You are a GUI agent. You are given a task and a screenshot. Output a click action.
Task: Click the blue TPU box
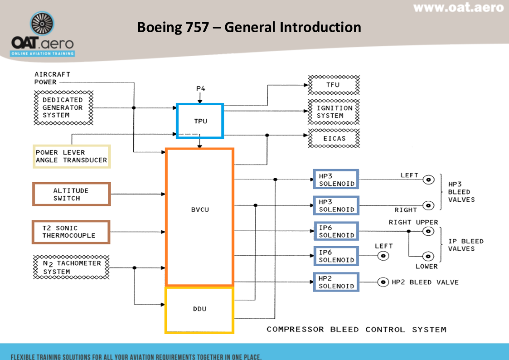(199, 121)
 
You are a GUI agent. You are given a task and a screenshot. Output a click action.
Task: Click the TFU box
(334, 85)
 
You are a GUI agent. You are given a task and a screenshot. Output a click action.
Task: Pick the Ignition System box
(334, 112)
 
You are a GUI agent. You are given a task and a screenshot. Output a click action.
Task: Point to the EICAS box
(334, 138)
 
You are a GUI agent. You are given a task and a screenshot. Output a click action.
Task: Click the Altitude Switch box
(71, 194)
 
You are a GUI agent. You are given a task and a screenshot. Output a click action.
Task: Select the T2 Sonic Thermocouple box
(71, 232)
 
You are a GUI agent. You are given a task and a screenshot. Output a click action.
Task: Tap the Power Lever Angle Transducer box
(71, 156)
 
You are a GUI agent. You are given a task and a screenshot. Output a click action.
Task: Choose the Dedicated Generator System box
(63, 107)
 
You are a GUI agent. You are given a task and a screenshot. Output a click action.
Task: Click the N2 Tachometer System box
(72, 267)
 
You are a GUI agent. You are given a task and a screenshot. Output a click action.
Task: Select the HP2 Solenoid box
(336, 282)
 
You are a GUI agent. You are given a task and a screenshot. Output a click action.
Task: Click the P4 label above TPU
(200, 88)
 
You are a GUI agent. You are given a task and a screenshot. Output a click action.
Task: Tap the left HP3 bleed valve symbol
(427, 180)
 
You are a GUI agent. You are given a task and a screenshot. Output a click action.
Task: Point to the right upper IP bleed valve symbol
(427, 231)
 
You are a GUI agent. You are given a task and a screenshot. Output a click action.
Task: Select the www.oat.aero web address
(458, 8)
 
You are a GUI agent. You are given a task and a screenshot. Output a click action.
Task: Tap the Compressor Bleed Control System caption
(356, 330)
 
